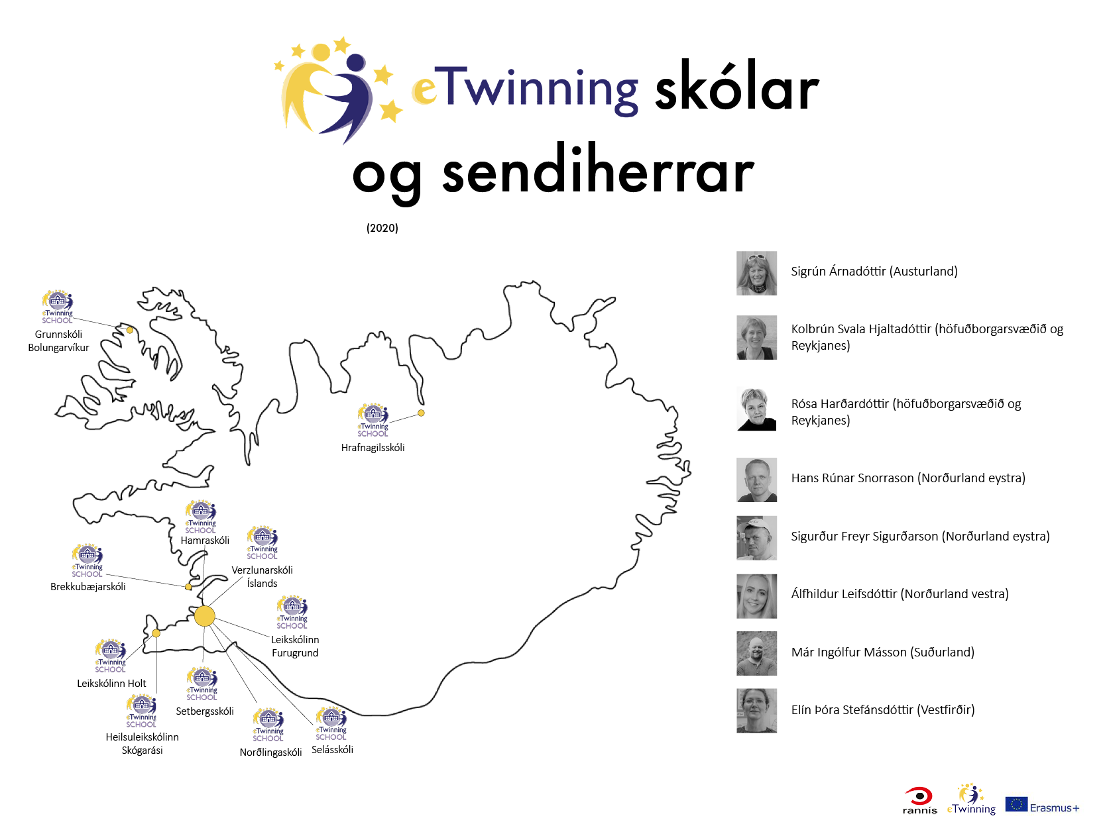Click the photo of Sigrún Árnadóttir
click(756, 273)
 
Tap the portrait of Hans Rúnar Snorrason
click(756, 480)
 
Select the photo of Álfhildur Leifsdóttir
click(756, 596)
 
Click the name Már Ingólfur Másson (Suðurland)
click(882, 652)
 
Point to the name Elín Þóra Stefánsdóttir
click(853, 710)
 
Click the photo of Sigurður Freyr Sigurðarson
click(756, 538)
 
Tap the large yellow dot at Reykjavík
click(204, 616)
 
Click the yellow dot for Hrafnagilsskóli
click(421, 413)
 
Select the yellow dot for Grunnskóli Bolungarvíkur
click(129, 330)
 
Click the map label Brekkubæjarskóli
click(87, 586)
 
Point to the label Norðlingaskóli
click(270, 752)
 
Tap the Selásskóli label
click(332, 750)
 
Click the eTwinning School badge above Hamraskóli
click(200, 517)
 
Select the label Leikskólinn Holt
click(111, 683)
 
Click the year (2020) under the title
click(382, 228)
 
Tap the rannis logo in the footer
click(919, 801)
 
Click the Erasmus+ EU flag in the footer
click(1016, 804)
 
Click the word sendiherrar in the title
click(597, 171)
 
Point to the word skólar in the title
click(737, 87)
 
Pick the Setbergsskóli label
click(204, 711)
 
